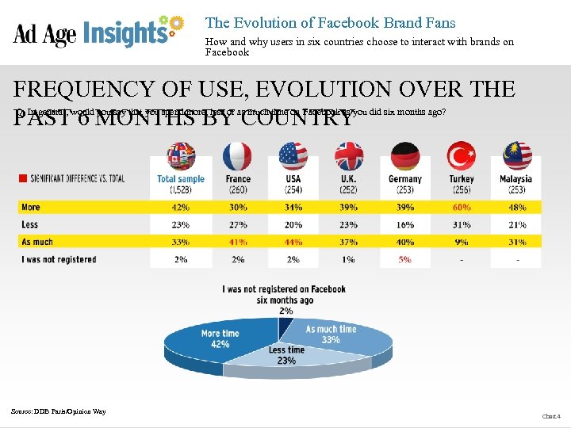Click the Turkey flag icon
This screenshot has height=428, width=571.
(461, 156)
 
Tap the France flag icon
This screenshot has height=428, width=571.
(238, 156)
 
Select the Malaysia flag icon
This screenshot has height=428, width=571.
(516, 156)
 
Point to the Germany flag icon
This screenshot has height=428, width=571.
(405, 156)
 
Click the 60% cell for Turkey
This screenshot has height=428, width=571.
(461, 207)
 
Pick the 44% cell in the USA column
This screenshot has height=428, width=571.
(293, 242)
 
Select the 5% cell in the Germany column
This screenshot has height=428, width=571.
(405, 259)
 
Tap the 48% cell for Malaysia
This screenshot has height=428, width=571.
(516, 207)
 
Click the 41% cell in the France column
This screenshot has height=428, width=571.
(238, 242)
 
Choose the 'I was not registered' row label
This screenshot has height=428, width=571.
(59, 259)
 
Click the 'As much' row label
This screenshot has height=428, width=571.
(37, 242)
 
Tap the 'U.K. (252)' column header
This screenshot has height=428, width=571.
(349, 184)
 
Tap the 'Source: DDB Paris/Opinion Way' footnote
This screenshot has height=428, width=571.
(58, 411)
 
